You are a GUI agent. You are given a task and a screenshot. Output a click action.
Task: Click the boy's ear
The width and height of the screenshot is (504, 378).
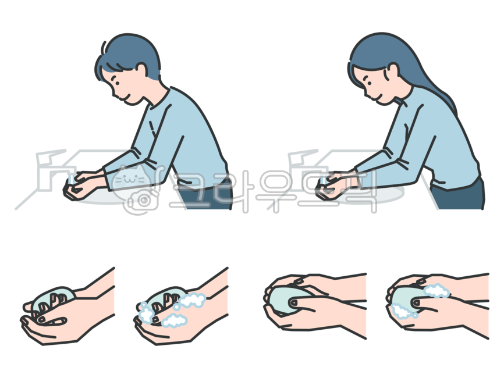tap(142, 70)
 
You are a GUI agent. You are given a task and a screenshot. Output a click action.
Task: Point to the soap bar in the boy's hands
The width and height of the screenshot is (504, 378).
tap(73, 189)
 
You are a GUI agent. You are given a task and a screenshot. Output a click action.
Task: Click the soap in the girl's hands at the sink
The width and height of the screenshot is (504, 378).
tap(324, 187)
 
